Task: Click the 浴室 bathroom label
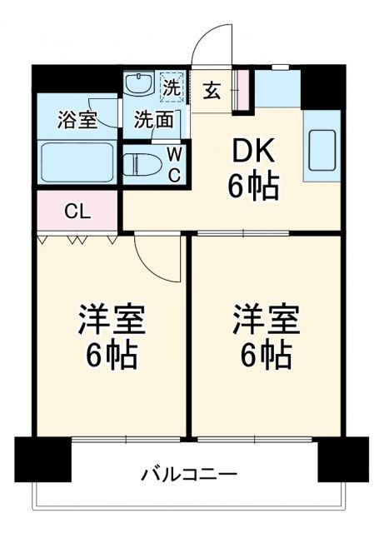[x=77, y=120]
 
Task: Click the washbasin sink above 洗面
[x=138, y=83]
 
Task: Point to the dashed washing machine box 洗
[x=172, y=86]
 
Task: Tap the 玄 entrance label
[x=212, y=89]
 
